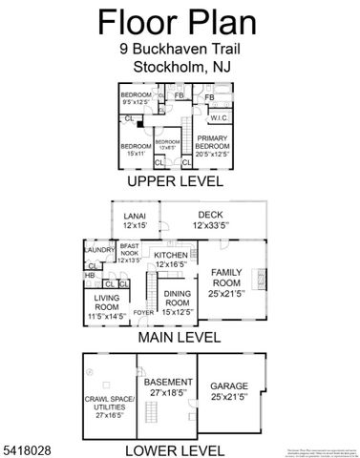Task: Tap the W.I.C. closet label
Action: click(x=218, y=118)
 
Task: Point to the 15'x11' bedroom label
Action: click(x=134, y=148)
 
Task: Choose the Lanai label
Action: click(x=134, y=220)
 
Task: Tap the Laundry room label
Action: click(x=98, y=250)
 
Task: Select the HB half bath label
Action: click(x=90, y=276)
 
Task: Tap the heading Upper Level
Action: click(x=175, y=181)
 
